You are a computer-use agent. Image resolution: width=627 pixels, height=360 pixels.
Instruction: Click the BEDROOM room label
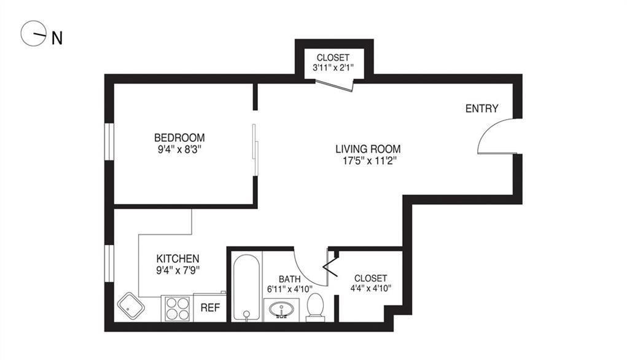point(179,138)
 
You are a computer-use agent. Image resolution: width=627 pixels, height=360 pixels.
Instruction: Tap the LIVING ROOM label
point(368,149)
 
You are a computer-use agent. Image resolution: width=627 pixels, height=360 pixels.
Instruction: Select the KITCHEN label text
point(177,259)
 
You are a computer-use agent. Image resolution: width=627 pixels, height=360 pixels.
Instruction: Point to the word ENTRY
point(481,109)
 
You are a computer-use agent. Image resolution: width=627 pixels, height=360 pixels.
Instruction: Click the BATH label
point(289,278)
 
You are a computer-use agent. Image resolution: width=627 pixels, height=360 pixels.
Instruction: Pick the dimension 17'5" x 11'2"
point(368,161)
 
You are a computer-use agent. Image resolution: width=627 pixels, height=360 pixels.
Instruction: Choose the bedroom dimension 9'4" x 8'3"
point(179,149)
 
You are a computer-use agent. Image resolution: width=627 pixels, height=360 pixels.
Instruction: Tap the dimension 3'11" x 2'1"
point(333,69)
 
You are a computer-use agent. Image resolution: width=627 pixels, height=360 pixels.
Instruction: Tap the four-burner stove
point(177,308)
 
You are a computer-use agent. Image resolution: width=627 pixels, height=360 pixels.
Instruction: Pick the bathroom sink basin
point(282,309)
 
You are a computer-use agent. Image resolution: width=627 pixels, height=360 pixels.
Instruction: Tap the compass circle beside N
point(34,34)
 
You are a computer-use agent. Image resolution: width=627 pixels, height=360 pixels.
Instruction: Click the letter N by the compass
point(57,38)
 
